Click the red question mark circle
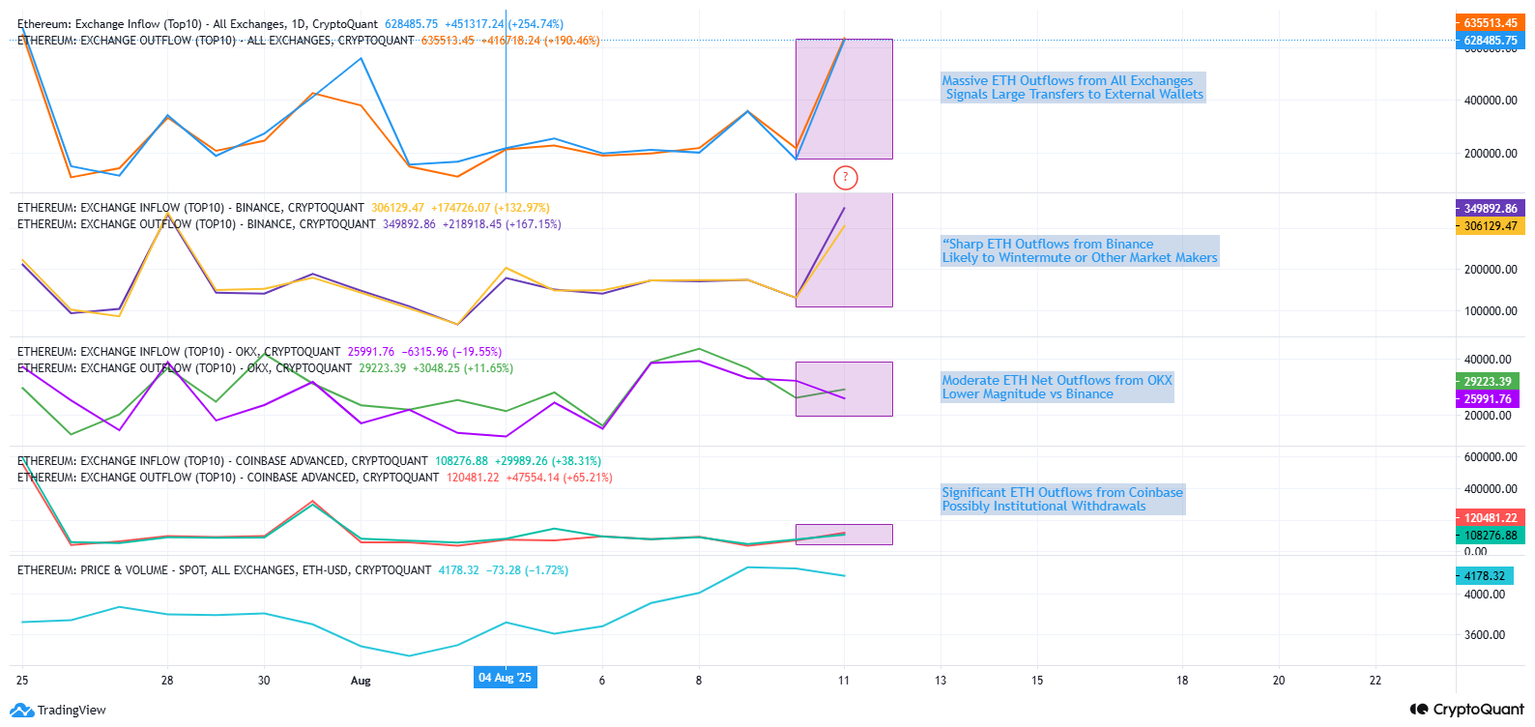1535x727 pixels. tap(845, 177)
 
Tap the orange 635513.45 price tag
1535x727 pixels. tap(1490, 22)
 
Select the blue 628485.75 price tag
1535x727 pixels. tap(1490, 41)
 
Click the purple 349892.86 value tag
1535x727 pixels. tap(1490, 208)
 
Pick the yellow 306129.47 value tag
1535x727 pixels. tap(1490, 225)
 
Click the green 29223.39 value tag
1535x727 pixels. tap(1487, 381)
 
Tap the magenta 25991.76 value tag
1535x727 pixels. tap(1487, 398)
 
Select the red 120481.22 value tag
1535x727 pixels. tap(1490, 517)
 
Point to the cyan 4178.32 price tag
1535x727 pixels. tap(1484, 575)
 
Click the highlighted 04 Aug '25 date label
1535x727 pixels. tap(505, 678)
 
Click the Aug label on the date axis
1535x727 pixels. tap(361, 681)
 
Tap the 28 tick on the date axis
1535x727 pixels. tap(167, 681)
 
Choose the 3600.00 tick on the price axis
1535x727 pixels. tap(1484, 635)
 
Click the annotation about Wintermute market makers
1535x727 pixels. tap(1079, 251)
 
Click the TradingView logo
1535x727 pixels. tap(58, 711)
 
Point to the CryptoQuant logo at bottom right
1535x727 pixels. tap(1466, 710)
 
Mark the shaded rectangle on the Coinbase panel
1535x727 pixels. tap(844, 535)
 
